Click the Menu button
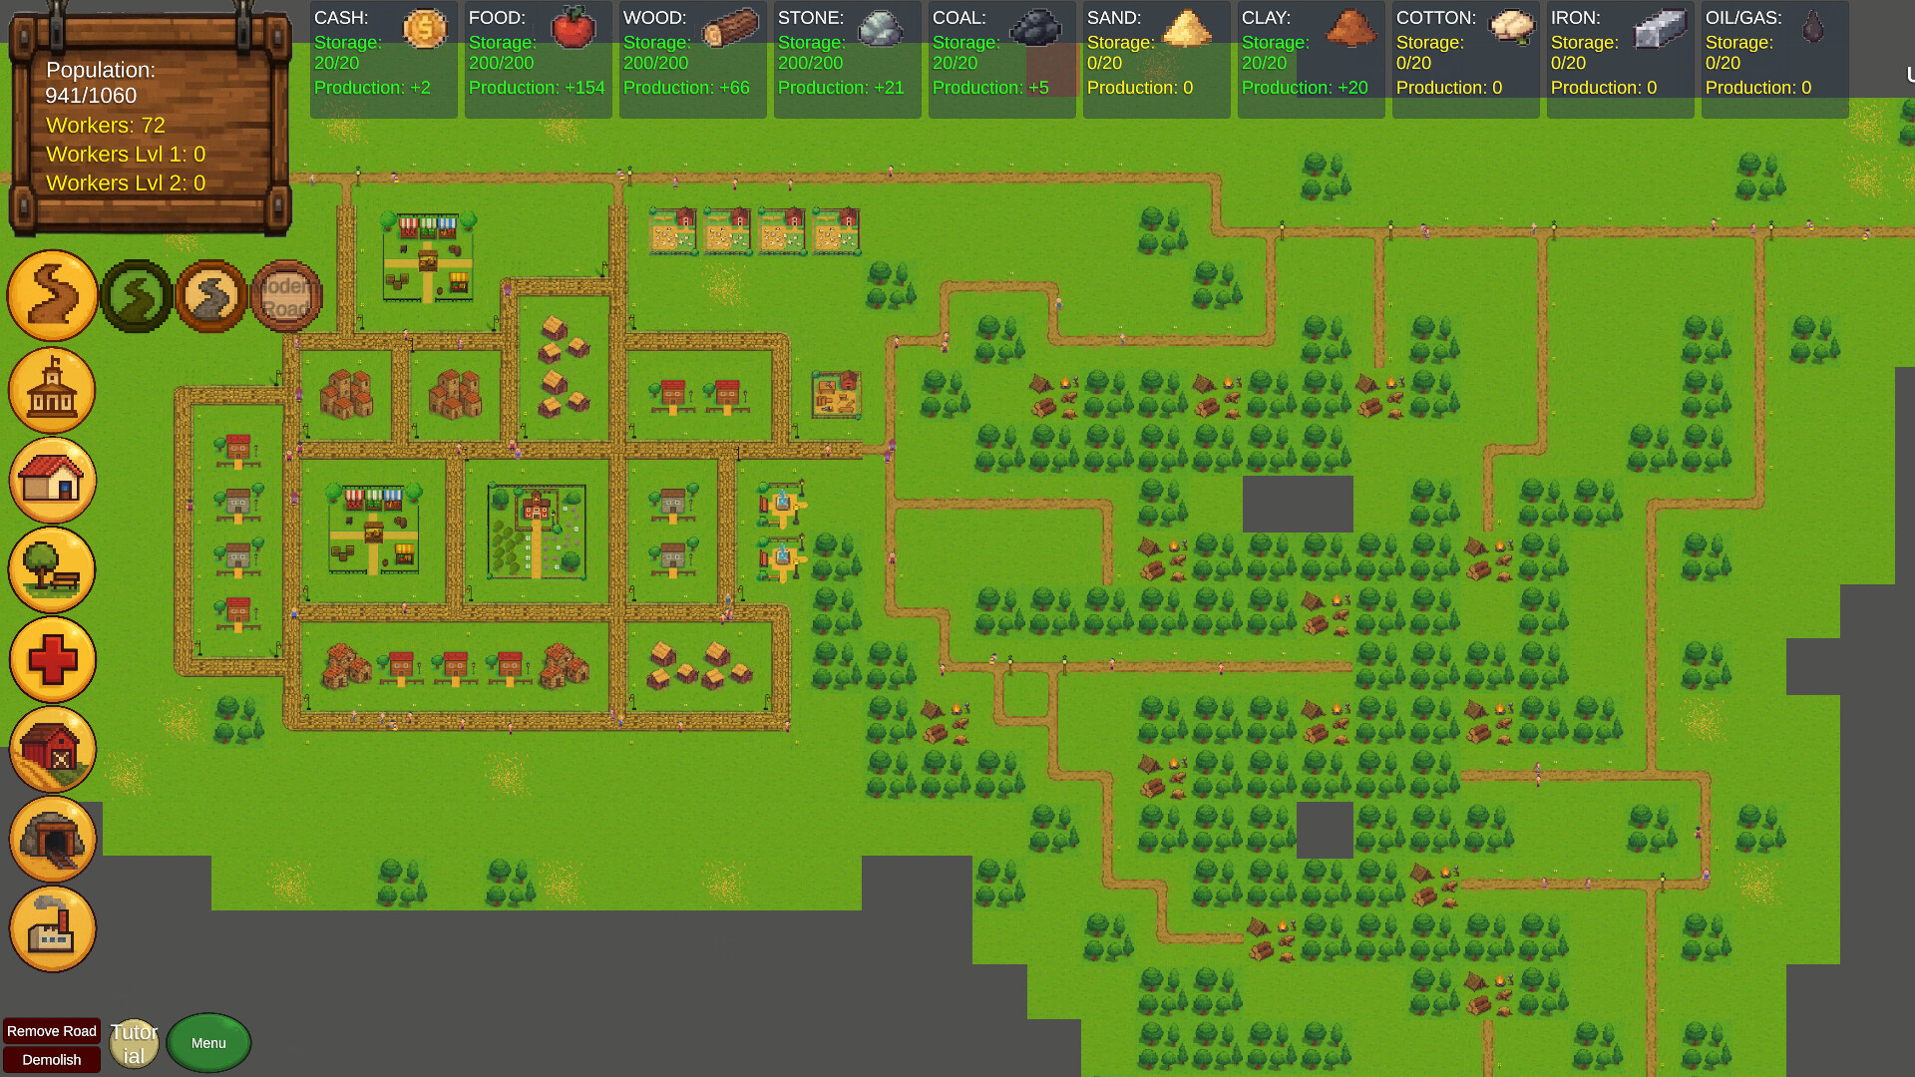(208, 1043)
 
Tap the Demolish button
(52, 1060)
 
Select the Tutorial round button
(134, 1043)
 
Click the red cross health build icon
(53, 659)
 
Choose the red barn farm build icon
(53, 749)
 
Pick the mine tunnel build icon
(53, 839)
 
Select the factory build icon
(53, 928)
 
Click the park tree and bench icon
(53, 569)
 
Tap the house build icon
(53, 480)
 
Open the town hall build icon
(53, 390)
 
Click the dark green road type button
(137, 296)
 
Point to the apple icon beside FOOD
(573, 27)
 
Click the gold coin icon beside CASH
(424, 28)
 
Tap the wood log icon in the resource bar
(730, 29)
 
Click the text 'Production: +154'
(537, 88)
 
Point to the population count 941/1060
(91, 96)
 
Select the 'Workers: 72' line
(106, 126)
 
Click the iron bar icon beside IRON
(1660, 29)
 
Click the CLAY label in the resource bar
(1266, 18)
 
